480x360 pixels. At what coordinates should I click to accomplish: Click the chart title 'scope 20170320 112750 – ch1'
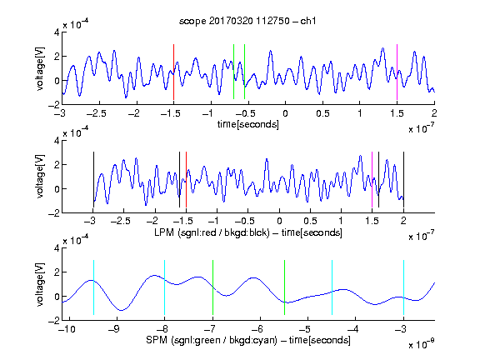pyautogui.click(x=247, y=21)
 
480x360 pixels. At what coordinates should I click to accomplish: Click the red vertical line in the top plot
pyautogui.click(x=173, y=72)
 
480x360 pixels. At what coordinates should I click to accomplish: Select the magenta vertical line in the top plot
pyautogui.click(x=397, y=72)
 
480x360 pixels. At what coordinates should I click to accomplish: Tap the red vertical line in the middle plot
pyautogui.click(x=186, y=180)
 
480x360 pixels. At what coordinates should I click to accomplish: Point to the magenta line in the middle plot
pyautogui.click(x=372, y=180)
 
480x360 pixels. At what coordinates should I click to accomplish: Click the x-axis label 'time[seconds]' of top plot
pyautogui.click(x=248, y=124)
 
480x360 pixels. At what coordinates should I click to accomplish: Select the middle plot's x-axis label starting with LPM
pyautogui.click(x=248, y=232)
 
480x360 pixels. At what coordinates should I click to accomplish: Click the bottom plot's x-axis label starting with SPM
pyautogui.click(x=248, y=340)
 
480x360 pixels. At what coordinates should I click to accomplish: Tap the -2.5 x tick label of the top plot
pyautogui.click(x=96, y=113)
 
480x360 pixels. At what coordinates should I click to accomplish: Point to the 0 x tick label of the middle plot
pyautogui.click(x=279, y=221)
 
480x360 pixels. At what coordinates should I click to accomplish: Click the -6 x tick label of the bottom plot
pyautogui.click(x=257, y=329)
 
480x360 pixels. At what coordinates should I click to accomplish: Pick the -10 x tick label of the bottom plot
pyautogui.click(x=67, y=329)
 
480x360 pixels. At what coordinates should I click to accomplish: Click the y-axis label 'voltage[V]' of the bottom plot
pyautogui.click(x=40, y=284)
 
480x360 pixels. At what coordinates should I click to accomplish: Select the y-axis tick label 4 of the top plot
pyautogui.click(x=57, y=32)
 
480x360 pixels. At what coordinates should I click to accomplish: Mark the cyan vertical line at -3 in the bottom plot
pyautogui.click(x=404, y=287)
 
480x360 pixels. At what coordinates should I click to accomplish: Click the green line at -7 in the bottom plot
pyautogui.click(x=212, y=287)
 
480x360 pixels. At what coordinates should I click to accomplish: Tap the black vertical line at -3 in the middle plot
pyautogui.click(x=93, y=180)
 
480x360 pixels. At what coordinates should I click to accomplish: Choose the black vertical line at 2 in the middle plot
pyautogui.click(x=403, y=180)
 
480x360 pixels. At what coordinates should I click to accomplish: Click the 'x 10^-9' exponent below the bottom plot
pyautogui.click(x=422, y=344)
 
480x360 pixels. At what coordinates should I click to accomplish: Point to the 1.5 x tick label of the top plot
pyautogui.click(x=397, y=113)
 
